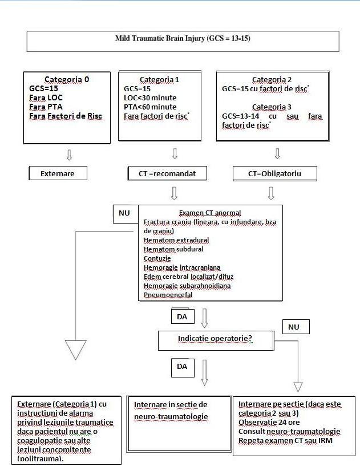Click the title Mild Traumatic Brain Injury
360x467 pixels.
point(183,38)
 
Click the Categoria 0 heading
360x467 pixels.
point(67,79)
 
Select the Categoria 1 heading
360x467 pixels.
point(159,79)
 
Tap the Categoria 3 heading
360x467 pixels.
point(272,107)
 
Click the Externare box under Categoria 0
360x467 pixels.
point(58,173)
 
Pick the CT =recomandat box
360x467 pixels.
point(168,173)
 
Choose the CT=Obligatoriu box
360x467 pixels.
point(275,173)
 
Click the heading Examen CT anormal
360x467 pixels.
point(210,213)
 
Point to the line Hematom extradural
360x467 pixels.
point(176,240)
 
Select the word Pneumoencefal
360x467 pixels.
point(168,295)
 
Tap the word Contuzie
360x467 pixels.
point(157,258)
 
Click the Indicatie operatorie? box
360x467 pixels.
point(216,340)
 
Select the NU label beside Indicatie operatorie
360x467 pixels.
point(296,327)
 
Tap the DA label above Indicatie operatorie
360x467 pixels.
point(183,316)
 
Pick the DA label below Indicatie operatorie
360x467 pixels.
point(183,366)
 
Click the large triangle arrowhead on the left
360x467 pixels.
point(76,350)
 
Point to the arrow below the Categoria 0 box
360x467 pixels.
point(69,155)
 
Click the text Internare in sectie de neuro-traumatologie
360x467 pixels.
point(171,411)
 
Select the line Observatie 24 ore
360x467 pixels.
point(269,423)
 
